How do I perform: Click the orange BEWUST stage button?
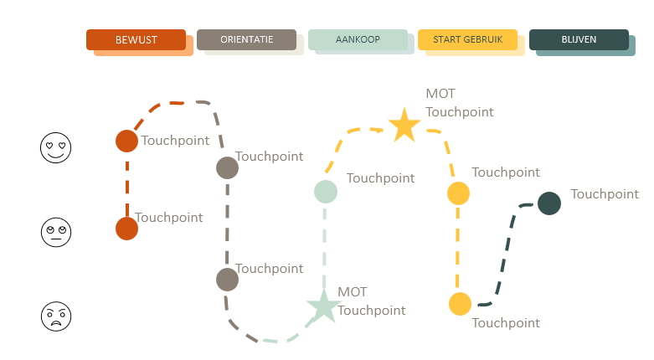(136, 39)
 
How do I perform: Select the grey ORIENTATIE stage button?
(246, 39)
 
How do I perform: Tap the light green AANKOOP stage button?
(358, 39)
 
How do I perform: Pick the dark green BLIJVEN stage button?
(579, 39)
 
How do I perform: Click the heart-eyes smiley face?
(56, 148)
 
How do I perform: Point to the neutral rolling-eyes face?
(56, 231)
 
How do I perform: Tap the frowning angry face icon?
(56, 316)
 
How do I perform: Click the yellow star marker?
(404, 126)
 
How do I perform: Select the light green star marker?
(322, 306)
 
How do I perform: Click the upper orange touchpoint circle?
(126, 141)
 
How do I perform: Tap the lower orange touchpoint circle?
(126, 228)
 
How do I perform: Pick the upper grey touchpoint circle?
(227, 167)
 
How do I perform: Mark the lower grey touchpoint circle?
(227, 279)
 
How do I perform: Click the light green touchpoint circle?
(326, 192)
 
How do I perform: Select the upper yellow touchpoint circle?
(458, 193)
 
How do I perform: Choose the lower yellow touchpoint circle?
(460, 304)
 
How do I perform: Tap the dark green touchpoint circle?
(548, 203)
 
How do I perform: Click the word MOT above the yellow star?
(440, 94)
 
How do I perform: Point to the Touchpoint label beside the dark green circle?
(605, 194)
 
